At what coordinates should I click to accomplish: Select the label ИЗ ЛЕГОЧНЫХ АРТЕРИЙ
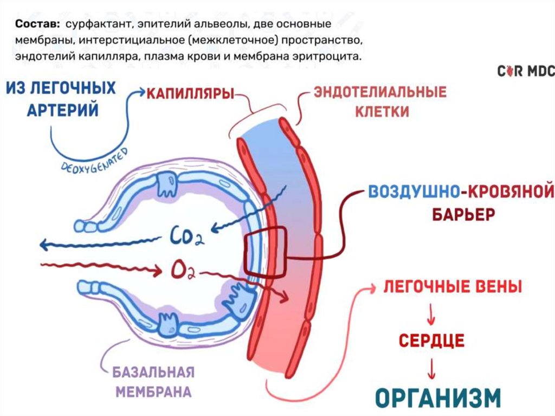pos(63,99)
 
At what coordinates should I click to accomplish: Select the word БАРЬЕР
pos(463,214)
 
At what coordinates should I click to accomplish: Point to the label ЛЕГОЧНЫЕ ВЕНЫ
pos(453,287)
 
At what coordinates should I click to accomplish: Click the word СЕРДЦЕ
pos(431,340)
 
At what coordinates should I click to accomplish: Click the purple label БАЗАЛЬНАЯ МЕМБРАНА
pos(153,381)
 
